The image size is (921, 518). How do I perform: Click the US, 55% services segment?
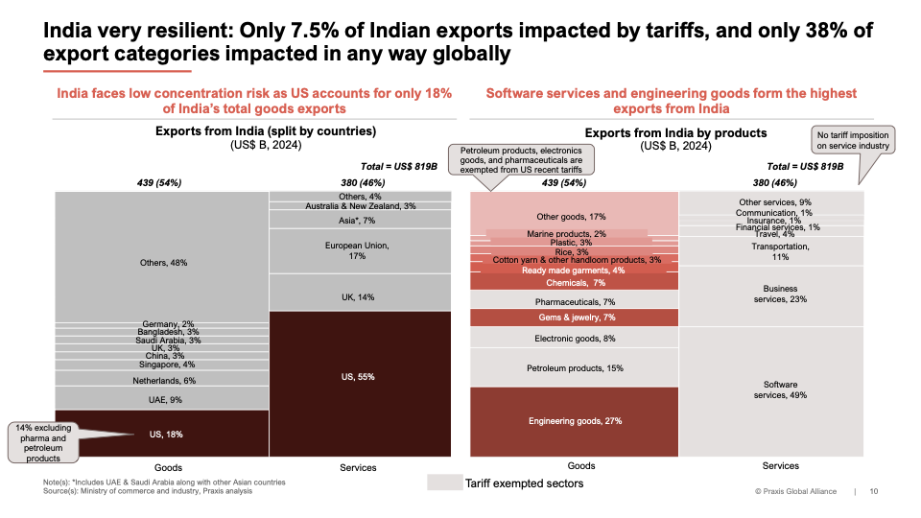(x=359, y=377)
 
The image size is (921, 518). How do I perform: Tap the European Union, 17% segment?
(x=359, y=250)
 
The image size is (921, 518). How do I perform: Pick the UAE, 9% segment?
(x=161, y=398)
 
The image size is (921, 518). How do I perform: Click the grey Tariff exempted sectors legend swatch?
(x=443, y=483)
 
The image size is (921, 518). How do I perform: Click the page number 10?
(x=873, y=492)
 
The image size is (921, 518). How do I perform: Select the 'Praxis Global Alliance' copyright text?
(x=795, y=492)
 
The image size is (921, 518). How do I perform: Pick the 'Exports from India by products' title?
(x=675, y=132)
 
